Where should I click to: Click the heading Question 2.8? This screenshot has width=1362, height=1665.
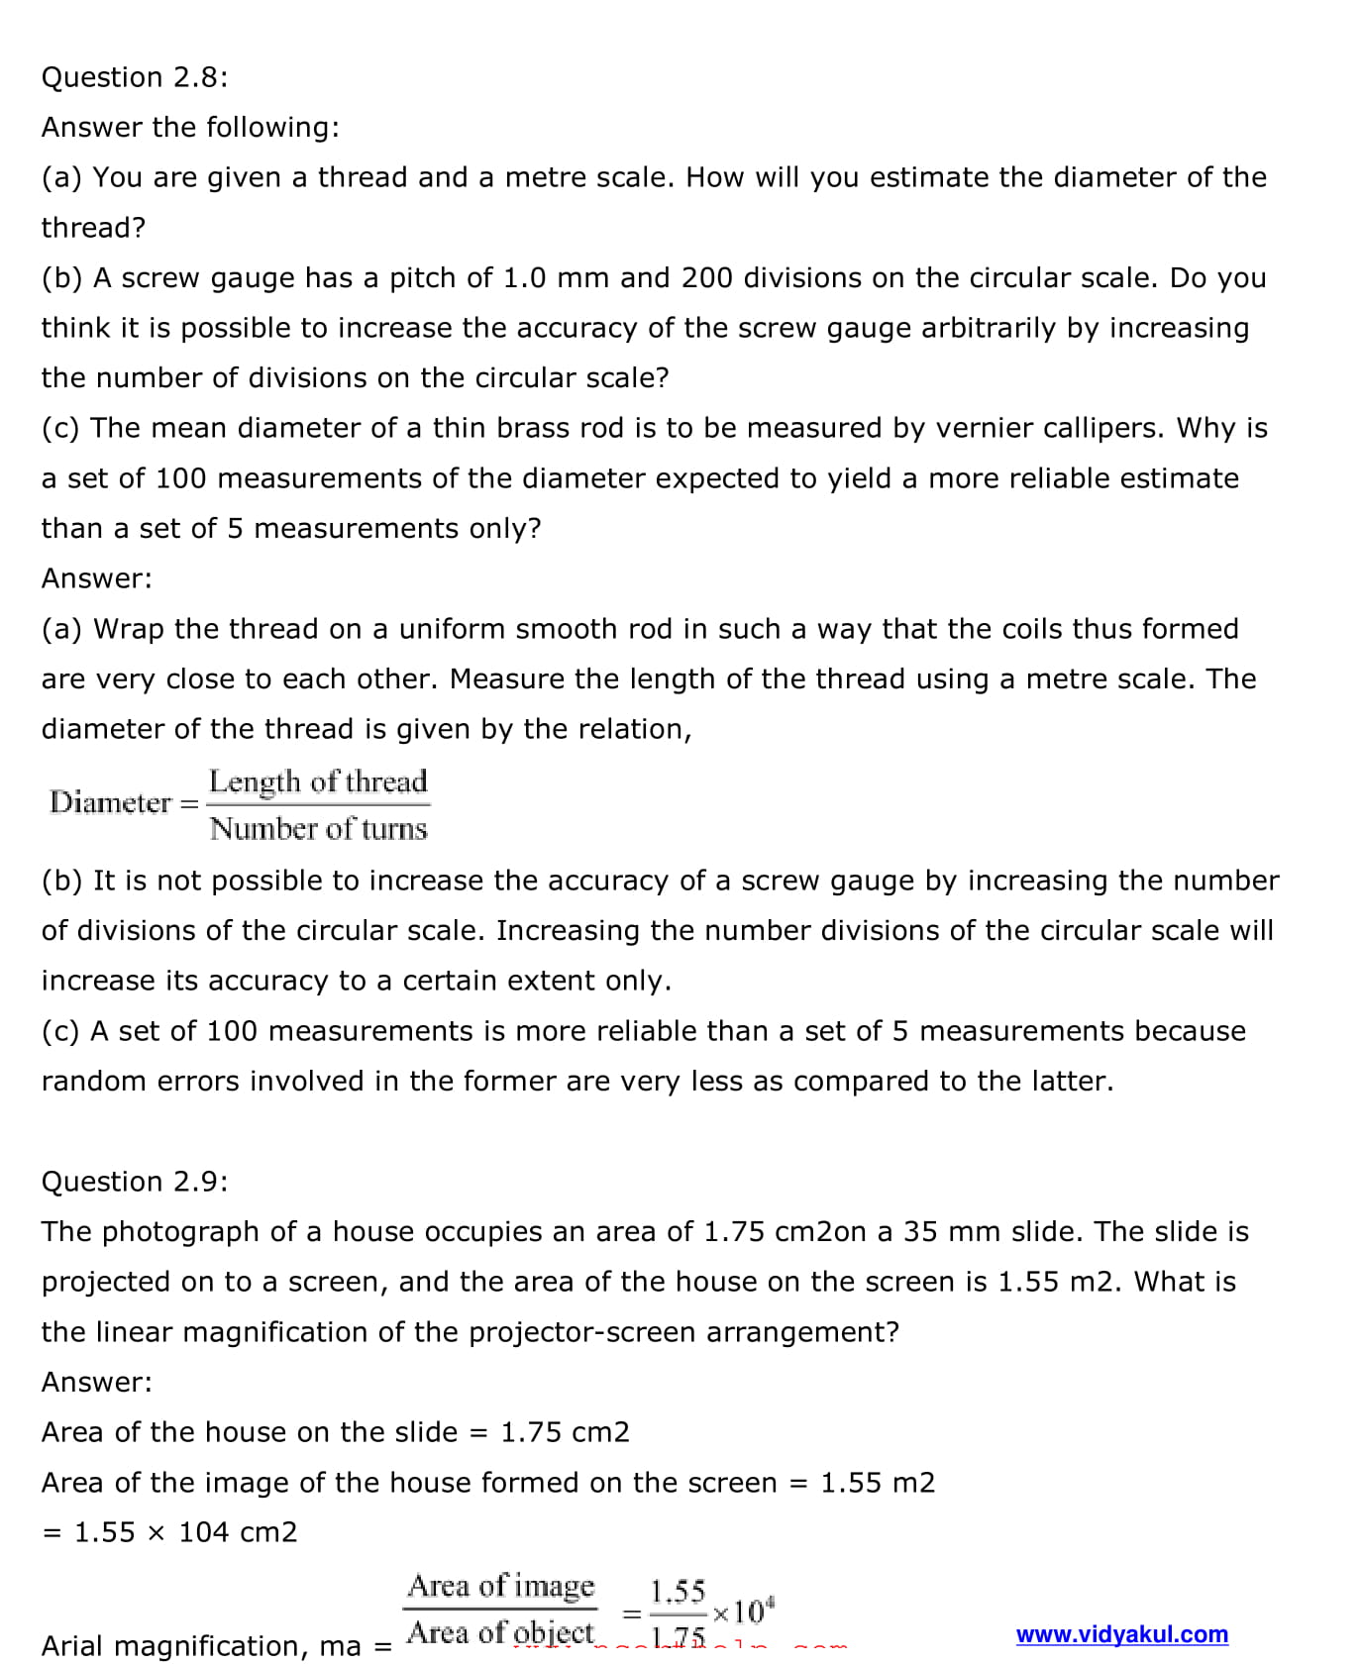point(134,77)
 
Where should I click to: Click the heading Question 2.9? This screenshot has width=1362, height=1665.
point(134,1181)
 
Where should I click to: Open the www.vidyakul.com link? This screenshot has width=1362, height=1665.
point(1121,1634)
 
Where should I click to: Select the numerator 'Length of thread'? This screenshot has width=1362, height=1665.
point(318,781)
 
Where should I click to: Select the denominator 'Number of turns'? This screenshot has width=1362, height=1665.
point(318,828)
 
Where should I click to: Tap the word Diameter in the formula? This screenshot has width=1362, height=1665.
point(110,802)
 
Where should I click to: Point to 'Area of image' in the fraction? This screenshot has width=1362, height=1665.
point(501,1586)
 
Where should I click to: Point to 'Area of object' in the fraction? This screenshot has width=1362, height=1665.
point(501,1632)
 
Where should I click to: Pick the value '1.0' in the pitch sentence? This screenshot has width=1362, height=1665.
point(524,277)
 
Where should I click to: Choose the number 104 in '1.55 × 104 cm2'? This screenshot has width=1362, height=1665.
point(204,1532)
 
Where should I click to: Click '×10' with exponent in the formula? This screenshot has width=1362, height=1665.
point(743,1612)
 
